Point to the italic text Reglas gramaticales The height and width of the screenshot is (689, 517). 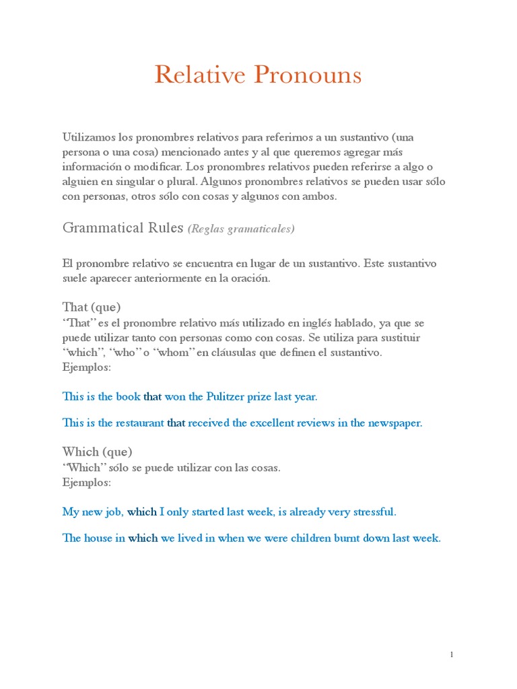241,229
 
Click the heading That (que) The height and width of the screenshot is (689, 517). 92,307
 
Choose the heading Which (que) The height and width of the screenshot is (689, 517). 97,451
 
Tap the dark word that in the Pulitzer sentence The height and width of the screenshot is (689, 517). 153,396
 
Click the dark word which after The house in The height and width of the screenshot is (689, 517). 143,538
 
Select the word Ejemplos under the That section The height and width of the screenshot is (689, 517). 86,367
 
